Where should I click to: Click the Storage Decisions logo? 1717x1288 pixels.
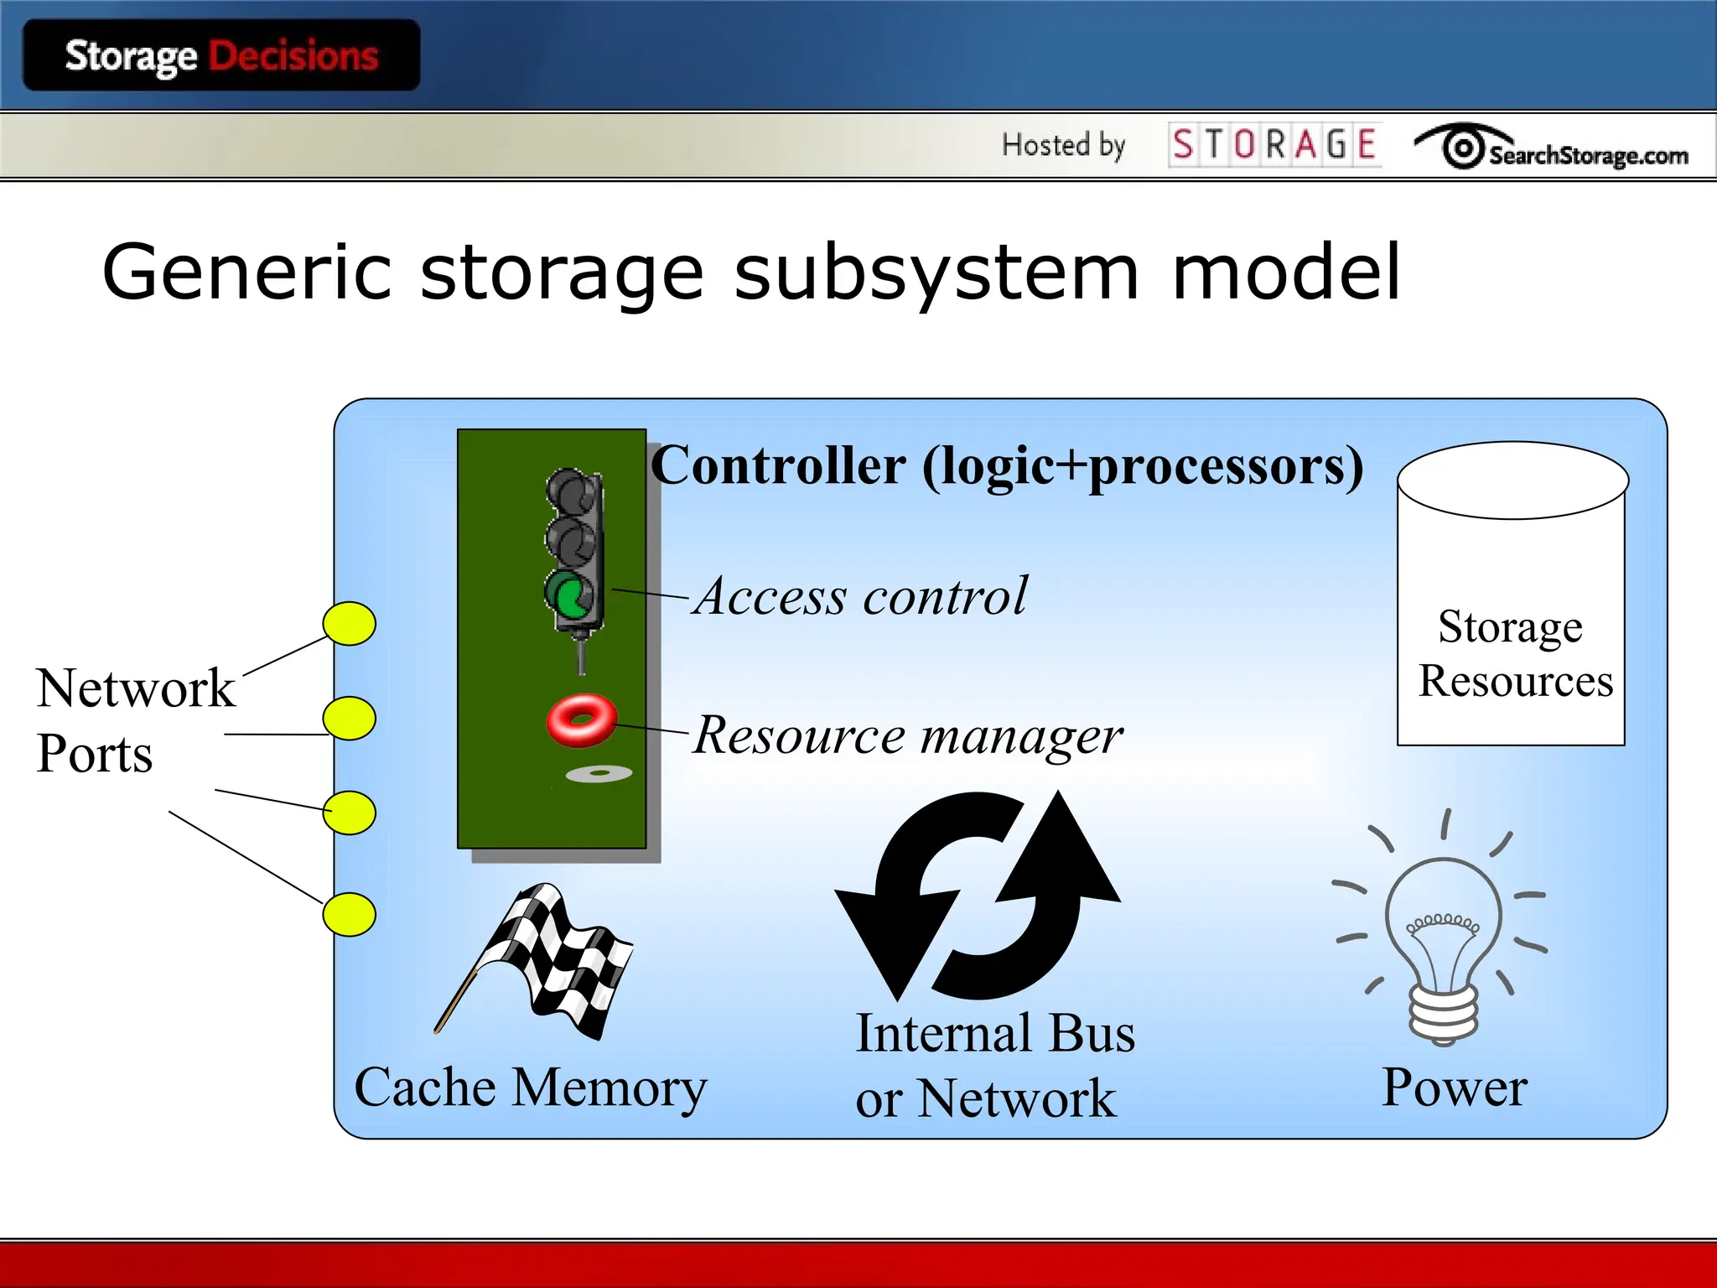(x=221, y=56)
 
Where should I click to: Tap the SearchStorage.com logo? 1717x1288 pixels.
(x=1551, y=149)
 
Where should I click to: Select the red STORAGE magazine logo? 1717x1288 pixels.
(x=1274, y=144)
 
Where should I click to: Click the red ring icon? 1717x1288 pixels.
(x=582, y=719)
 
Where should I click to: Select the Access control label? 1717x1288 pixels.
(x=861, y=596)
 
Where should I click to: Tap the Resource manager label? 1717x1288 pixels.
(x=908, y=735)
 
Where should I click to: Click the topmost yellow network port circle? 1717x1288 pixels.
(x=350, y=624)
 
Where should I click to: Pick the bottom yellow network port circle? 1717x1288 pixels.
(x=350, y=914)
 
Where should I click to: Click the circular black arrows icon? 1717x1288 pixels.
(x=978, y=896)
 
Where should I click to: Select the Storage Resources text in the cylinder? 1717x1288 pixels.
(x=1514, y=653)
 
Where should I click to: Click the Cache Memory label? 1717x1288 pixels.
(x=531, y=1088)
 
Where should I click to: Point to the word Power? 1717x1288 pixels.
(x=1455, y=1088)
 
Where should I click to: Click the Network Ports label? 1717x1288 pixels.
(x=134, y=719)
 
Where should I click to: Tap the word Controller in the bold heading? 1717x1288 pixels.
(x=778, y=465)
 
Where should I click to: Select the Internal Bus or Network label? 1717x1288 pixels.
(x=993, y=1065)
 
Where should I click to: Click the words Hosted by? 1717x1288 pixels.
(x=1063, y=145)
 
